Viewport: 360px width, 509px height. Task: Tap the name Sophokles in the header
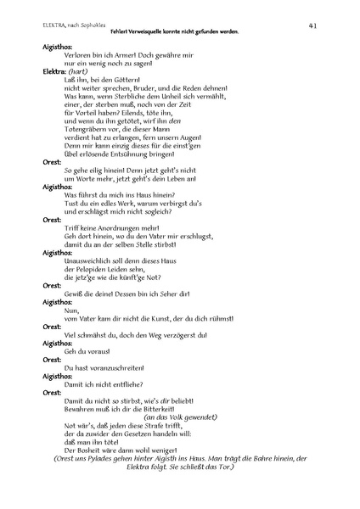[83, 26]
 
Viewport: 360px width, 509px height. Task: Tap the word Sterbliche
[130, 98]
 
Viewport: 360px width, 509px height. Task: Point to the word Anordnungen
[113, 228]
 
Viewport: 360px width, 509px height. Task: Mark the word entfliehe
[127, 383]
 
